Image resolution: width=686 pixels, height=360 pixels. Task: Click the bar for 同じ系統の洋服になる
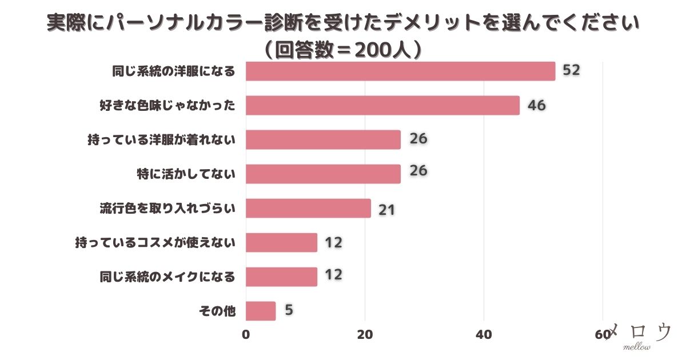pos(400,71)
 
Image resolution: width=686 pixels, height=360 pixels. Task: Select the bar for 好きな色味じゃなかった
pos(382,105)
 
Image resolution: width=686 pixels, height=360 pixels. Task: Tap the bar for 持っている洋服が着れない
pos(323,139)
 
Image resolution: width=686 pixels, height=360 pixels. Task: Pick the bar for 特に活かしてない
pos(323,174)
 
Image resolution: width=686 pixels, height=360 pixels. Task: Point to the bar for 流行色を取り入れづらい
pos(308,208)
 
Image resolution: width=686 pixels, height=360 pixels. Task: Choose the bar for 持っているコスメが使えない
pos(281,242)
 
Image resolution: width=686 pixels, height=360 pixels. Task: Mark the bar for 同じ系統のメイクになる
pos(281,277)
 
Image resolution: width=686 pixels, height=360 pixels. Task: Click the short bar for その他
pos(261,311)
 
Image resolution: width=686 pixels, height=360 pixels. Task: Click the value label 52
pos(571,70)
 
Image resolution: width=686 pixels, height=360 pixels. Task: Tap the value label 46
pos(536,105)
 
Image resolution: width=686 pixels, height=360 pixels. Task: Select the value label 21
pos(387,209)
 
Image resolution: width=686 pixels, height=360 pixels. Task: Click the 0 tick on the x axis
pos(246,335)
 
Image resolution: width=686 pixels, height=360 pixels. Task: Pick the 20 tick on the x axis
pos(365,335)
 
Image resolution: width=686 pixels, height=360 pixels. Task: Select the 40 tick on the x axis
pos(484,335)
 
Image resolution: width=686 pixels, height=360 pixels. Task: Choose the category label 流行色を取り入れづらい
pos(167,209)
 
